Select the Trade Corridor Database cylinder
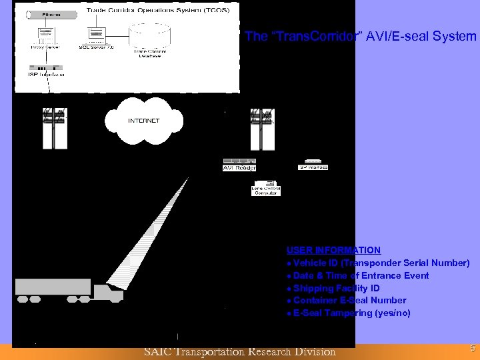tap(150, 40)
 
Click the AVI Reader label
tap(239, 168)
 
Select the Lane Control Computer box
tap(265, 188)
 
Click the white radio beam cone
tap(143, 233)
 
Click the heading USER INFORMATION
tap(333, 250)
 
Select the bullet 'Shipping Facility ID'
tap(336, 288)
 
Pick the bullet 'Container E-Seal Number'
tap(349, 301)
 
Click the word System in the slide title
tap(455, 36)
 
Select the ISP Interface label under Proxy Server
tap(47, 75)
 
